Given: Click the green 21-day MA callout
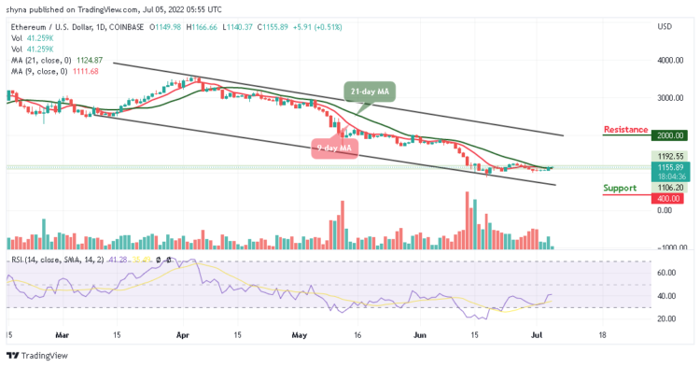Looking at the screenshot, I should tap(371, 91).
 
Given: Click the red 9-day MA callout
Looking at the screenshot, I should tap(333, 147).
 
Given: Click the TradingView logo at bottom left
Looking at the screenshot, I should tap(38, 356).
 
